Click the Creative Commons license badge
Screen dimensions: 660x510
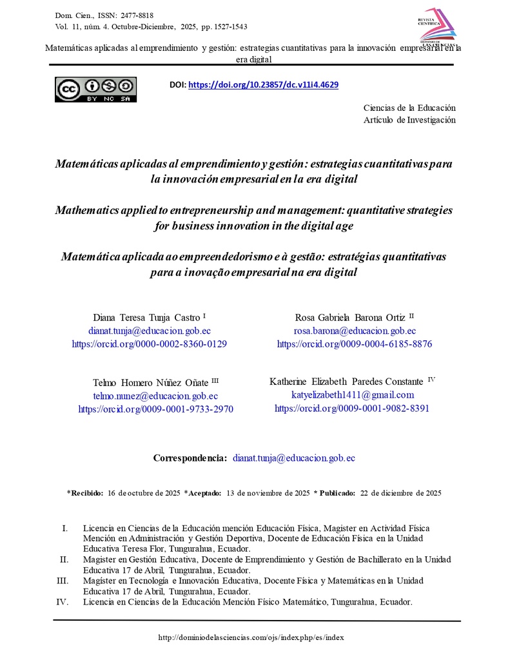coord(95,89)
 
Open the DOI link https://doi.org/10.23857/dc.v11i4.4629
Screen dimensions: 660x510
coord(263,84)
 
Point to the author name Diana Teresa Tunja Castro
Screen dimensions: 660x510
coord(147,317)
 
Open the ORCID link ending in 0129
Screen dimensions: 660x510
coord(149,344)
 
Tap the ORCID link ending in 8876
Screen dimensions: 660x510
coord(354,344)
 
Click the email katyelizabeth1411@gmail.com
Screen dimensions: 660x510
coord(352,394)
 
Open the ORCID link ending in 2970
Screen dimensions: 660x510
coord(155,409)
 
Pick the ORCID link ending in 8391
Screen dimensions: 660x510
coord(352,408)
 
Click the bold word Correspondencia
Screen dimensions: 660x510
coord(190,458)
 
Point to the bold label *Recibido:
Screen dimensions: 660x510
coord(85,493)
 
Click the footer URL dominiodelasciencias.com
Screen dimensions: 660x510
coord(251,637)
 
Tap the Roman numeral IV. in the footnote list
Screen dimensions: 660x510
coord(63,601)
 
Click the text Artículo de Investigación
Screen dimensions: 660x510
coord(409,119)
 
